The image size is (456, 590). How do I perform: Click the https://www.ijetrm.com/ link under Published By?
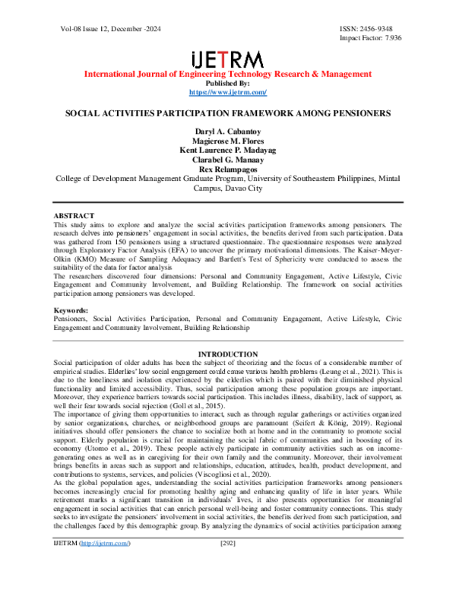(228, 92)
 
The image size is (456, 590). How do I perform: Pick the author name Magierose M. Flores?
(228, 142)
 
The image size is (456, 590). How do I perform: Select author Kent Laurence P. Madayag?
(228, 151)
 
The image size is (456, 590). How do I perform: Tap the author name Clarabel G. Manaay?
(228, 160)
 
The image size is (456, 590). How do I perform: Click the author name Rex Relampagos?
(228, 170)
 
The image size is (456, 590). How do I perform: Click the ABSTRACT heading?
(74, 217)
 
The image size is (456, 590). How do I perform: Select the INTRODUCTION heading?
(228, 355)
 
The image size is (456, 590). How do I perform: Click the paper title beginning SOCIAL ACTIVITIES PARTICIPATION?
(228, 113)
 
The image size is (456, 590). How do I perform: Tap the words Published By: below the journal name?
(228, 83)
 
